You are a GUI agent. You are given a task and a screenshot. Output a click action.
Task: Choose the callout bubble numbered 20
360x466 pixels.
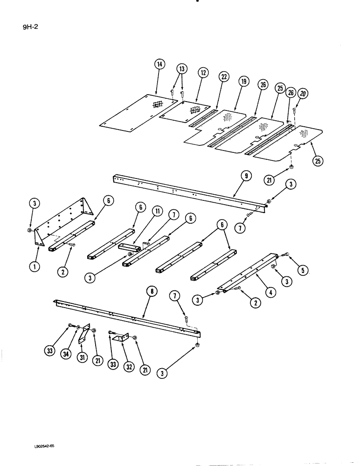[x=304, y=93]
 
